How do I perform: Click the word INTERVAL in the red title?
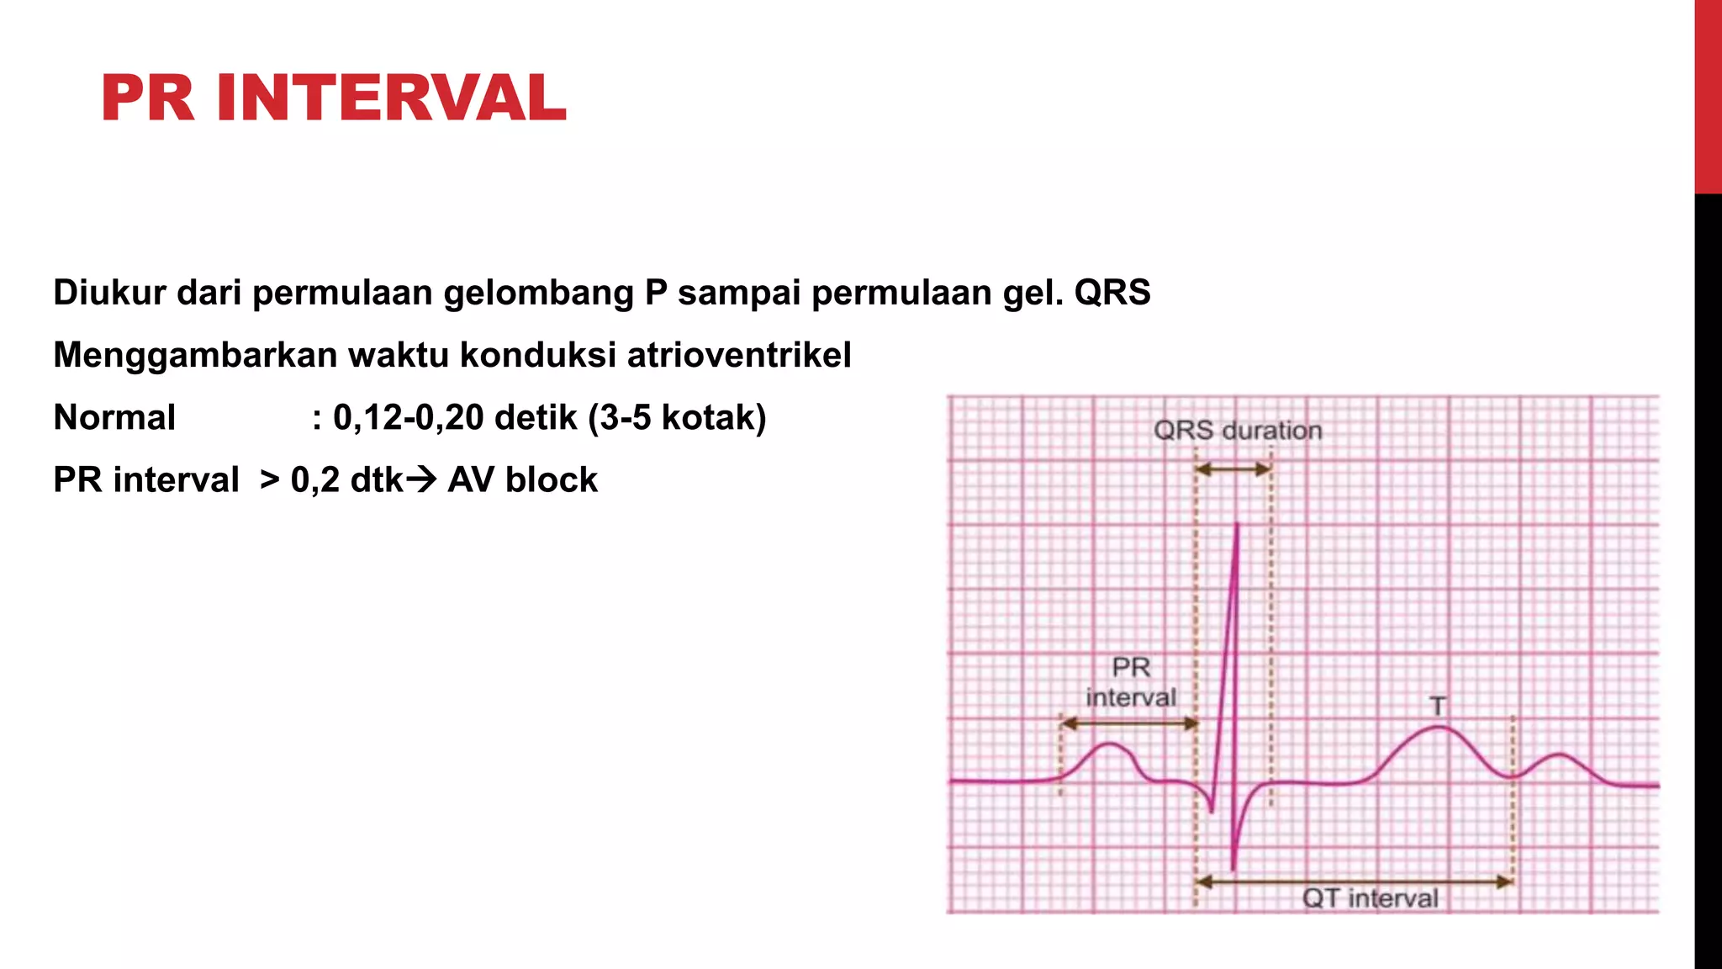[391, 98]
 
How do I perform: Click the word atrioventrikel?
[739, 355]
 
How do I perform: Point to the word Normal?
[114, 417]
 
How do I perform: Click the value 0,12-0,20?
[408, 417]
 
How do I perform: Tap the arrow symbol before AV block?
[421, 479]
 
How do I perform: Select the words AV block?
[522, 479]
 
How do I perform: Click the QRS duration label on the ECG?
[1237, 431]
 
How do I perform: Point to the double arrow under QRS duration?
[1233, 469]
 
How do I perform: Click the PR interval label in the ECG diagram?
[1131, 682]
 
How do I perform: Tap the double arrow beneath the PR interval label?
[1129, 723]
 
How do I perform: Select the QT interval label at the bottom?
[1370, 898]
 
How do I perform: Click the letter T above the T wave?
[1438, 706]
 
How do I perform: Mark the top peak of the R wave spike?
[1237, 525]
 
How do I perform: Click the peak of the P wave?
[1111, 744]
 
